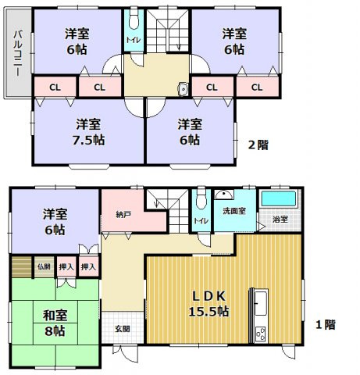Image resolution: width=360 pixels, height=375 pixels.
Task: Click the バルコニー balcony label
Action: click(16, 52)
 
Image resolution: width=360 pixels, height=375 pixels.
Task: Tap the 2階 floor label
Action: click(259, 144)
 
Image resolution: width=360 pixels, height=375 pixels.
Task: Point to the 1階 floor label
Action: click(326, 323)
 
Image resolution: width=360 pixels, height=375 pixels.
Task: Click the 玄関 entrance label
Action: click(123, 329)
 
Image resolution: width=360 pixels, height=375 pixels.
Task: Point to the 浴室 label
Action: click(279, 218)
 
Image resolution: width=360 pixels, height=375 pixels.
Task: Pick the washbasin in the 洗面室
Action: click(225, 195)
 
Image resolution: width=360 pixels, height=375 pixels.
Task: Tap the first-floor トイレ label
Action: click(201, 221)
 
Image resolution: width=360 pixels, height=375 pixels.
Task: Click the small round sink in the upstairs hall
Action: click(182, 89)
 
